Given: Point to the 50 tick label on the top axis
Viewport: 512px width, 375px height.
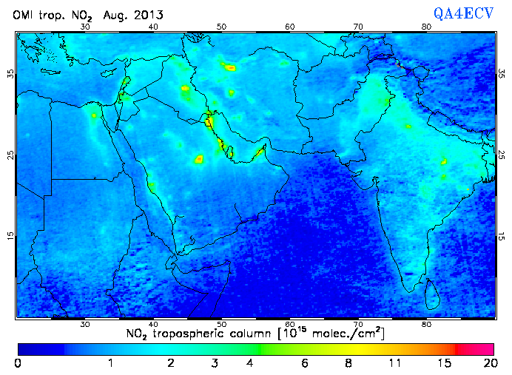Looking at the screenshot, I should click(x=221, y=27).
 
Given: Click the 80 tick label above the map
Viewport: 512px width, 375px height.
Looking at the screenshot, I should click(x=426, y=27).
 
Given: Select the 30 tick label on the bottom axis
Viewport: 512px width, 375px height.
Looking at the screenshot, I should click(x=85, y=323).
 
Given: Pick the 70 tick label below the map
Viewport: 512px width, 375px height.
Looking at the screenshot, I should click(x=358, y=323).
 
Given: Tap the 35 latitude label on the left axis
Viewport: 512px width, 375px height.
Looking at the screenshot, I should click(x=10, y=74).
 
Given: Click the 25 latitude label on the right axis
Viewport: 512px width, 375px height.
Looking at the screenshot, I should click(x=501, y=155).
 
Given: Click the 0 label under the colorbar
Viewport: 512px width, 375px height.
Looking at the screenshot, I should click(x=18, y=363).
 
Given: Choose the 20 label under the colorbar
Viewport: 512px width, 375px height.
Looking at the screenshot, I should click(x=488, y=363).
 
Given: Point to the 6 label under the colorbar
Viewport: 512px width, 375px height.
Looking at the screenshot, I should click(x=305, y=363).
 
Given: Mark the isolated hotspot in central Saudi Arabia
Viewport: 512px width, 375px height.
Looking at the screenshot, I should click(x=198, y=159).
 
